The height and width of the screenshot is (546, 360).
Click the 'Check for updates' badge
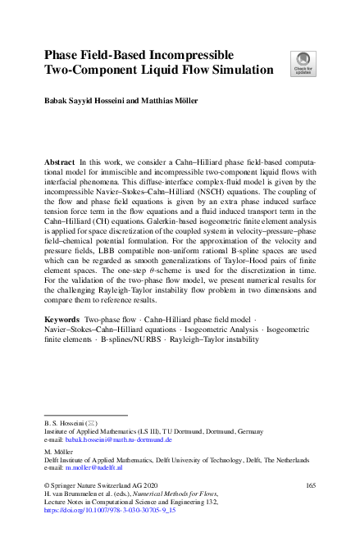click(302, 62)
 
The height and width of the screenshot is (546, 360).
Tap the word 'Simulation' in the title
click(233, 71)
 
